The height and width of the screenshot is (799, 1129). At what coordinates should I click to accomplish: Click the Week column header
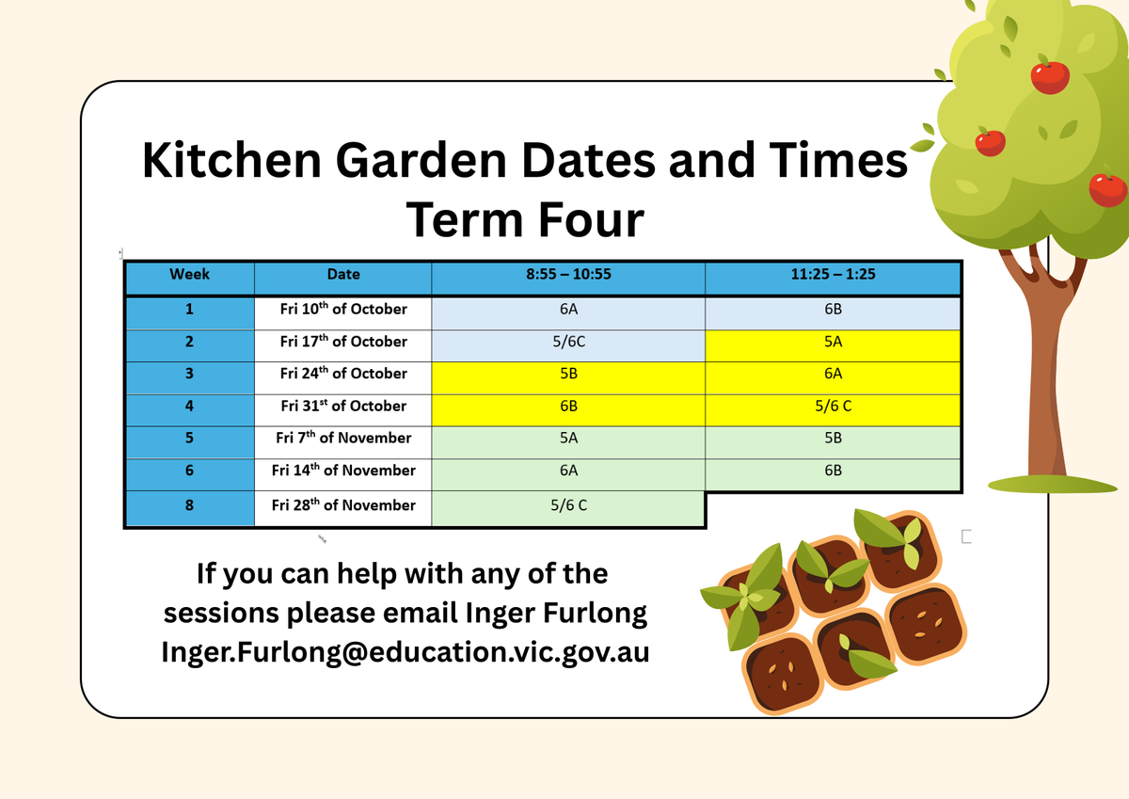(x=189, y=277)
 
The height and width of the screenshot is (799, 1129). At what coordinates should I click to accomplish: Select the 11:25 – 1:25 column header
(x=833, y=277)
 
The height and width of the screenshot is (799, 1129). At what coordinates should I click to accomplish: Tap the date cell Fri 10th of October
(x=343, y=313)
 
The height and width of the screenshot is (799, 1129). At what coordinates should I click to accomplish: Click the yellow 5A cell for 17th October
(x=833, y=345)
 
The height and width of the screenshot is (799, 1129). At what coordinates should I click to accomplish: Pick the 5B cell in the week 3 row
(x=568, y=378)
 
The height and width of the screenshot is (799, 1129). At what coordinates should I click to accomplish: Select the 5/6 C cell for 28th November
(x=568, y=508)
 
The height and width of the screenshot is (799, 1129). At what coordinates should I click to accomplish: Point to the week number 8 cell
(x=189, y=508)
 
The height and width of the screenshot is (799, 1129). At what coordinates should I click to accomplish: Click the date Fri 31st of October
(x=343, y=410)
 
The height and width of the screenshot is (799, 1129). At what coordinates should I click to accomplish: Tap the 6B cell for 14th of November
(x=833, y=474)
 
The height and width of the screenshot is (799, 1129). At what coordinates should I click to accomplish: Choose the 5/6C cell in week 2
(x=568, y=345)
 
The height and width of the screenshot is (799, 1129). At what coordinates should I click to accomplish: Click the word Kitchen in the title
(x=231, y=160)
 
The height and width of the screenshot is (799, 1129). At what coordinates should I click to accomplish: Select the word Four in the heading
(x=591, y=220)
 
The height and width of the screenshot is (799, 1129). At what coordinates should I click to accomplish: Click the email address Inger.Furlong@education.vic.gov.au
(x=405, y=651)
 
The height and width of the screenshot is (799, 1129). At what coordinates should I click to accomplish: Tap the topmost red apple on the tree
(x=1050, y=76)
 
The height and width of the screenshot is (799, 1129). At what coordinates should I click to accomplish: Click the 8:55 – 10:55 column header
(x=568, y=277)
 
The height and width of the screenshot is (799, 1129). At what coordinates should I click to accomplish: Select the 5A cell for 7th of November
(x=568, y=442)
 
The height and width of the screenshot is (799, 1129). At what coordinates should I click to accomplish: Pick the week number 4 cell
(x=189, y=410)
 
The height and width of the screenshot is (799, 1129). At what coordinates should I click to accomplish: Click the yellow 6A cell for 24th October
(x=833, y=378)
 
